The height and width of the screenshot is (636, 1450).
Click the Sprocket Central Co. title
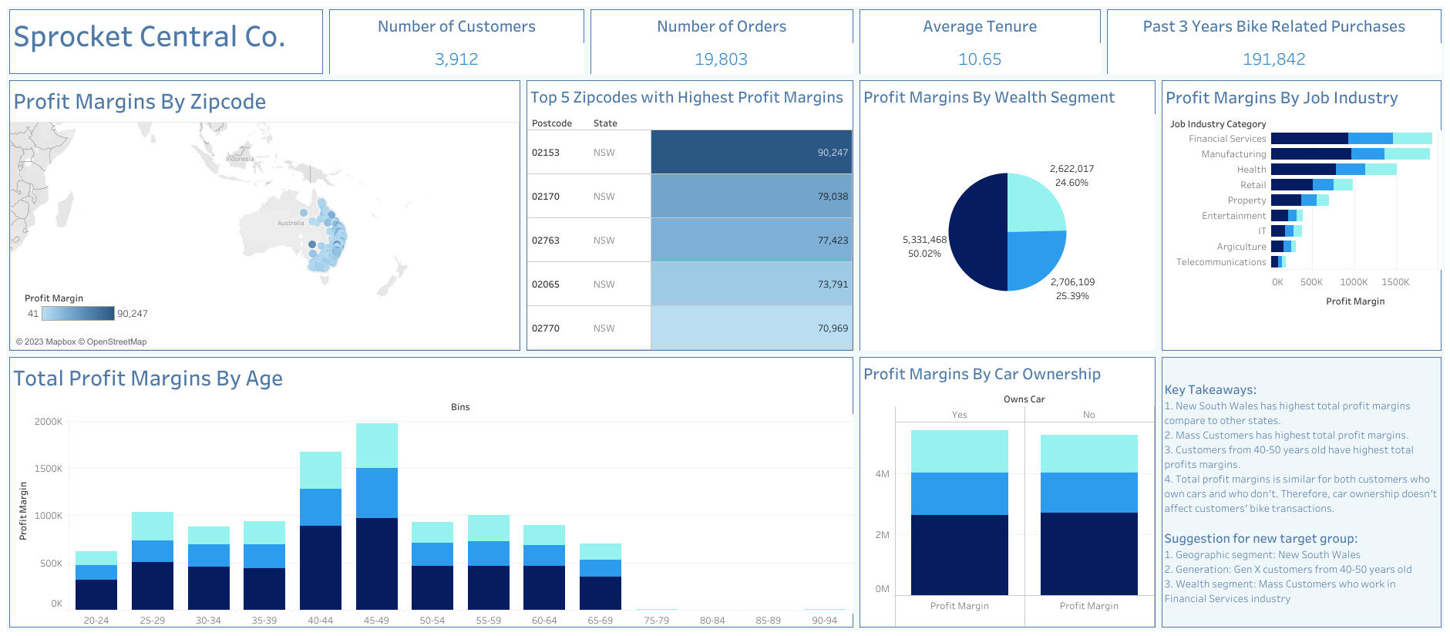click(150, 37)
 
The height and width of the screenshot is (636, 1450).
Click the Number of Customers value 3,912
click(456, 59)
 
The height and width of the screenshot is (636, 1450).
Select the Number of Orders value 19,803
click(721, 59)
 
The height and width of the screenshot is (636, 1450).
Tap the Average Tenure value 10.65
click(979, 59)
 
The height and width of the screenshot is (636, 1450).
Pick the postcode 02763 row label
click(546, 241)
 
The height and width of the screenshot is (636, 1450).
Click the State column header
click(605, 123)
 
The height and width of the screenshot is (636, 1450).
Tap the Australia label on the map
click(291, 223)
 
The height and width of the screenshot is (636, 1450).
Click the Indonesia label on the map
click(240, 159)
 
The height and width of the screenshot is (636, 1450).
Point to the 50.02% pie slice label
click(924, 254)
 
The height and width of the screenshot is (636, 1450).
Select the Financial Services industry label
click(1227, 139)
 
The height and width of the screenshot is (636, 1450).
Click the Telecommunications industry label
click(1221, 262)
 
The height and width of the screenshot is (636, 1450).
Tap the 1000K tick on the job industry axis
click(1353, 282)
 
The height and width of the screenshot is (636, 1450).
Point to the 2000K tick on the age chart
click(49, 422)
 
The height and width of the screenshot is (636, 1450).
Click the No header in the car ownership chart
click(1088, 415)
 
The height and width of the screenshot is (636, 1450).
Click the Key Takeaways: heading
click(1209, 390)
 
